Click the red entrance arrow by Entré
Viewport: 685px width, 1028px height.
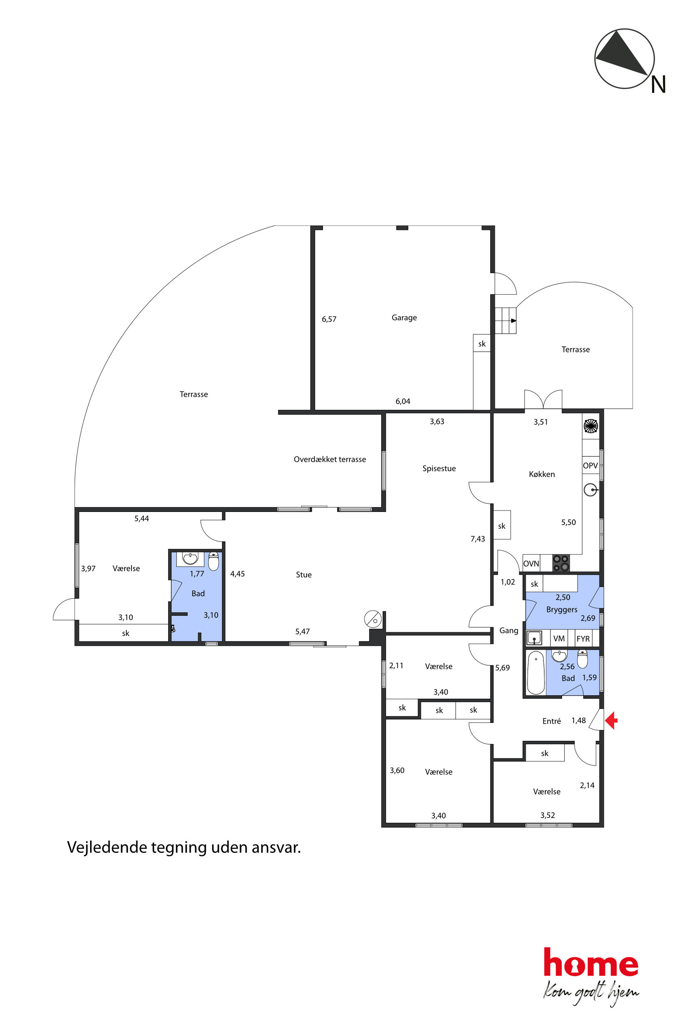pyautogui.click(x=611, y=720)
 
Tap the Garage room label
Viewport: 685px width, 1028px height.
pyautogui.click(x=404, y=318)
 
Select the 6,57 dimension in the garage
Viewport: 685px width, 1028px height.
pyautogui.click(x=329, y=319)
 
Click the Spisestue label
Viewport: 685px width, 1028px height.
pyautogui.click(x=439, y=468)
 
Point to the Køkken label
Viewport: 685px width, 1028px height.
pyautogui.click(x=542, y=474)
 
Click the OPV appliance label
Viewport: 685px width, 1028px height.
pyautogui.click(x=590, y=466)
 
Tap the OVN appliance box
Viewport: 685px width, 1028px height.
pyautogui.click(x=531, y=563)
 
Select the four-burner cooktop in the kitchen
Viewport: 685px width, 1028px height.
pyautogui.click(x=561, y=563)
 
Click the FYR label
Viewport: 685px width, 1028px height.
pyautogui.click(x=583, y=639)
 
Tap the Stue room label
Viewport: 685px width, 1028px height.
pyautogui.click(x=303, y=575)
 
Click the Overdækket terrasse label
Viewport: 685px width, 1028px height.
pyautogui.click(x=330, y=459)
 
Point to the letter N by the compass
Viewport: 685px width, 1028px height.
pyautogui.click(x=658, y=84)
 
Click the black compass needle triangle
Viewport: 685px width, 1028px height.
pyautogui.click(x=620, y=53)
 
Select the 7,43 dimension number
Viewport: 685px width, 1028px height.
pyautogui.click(x=477, y=539)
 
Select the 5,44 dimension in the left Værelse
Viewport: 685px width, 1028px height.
pyautogui.click(x=142, y=519)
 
